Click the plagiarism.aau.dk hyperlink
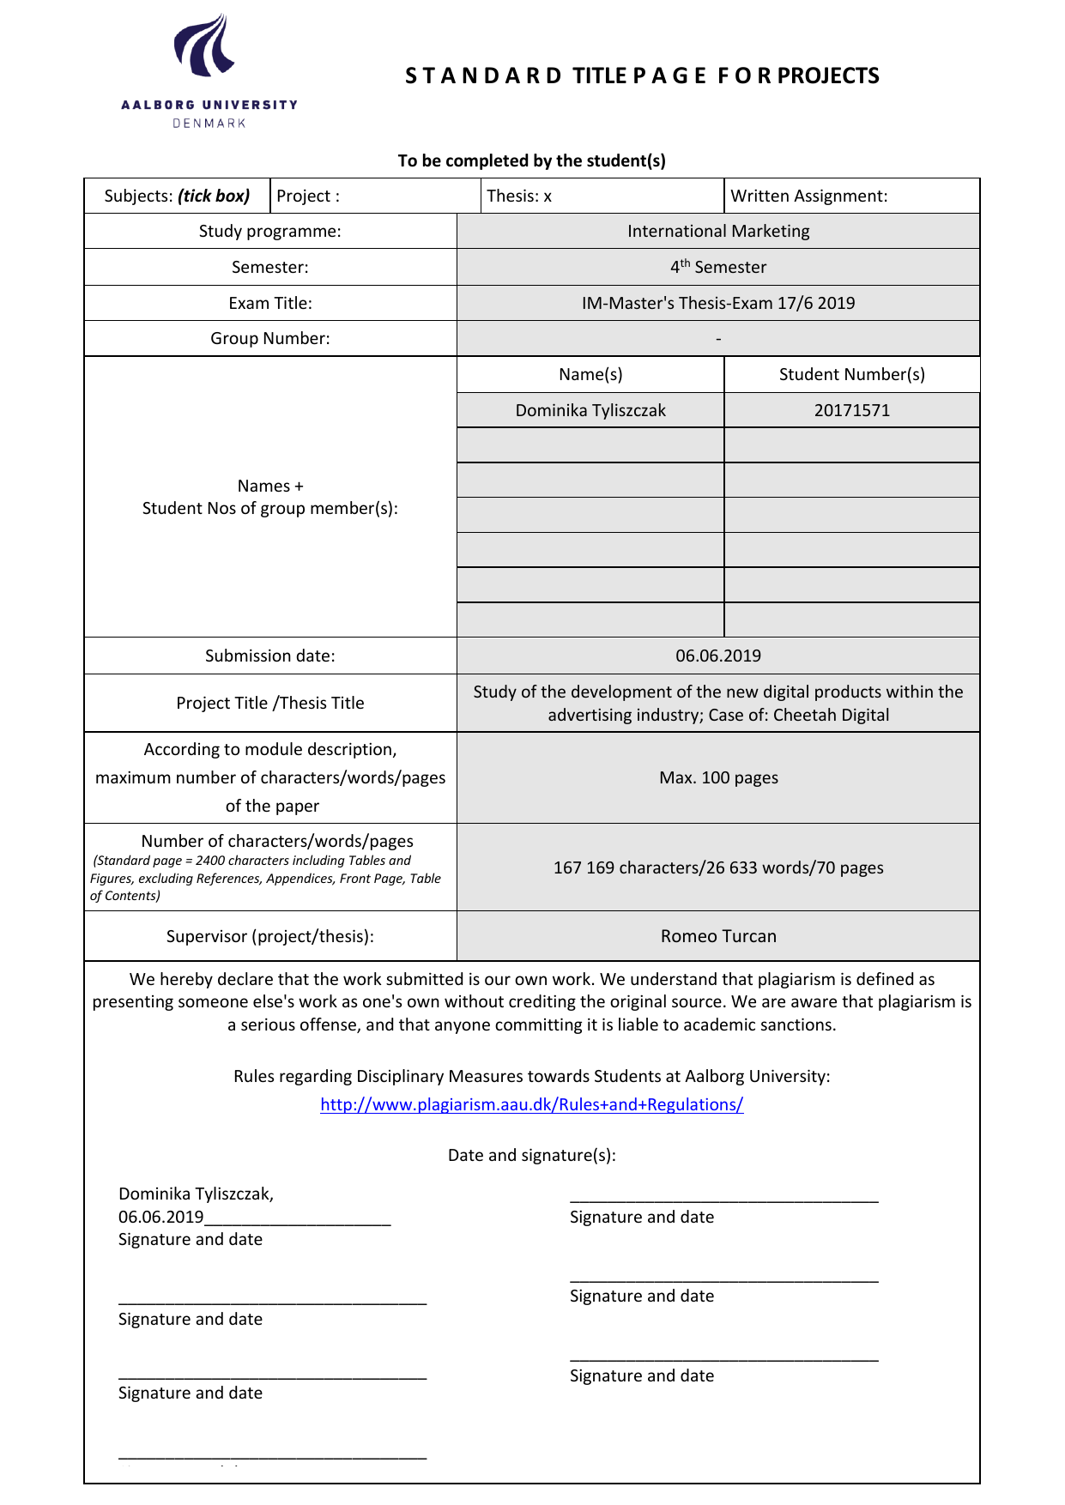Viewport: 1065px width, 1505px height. click(531, 1104)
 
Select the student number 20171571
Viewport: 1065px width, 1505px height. click(851, 410)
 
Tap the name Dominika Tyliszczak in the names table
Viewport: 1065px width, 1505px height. click(590, 410)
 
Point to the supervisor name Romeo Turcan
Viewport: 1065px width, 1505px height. click(718, 936)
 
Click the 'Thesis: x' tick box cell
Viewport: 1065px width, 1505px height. click(518, 196)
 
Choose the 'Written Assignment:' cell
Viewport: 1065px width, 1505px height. click(808, 196)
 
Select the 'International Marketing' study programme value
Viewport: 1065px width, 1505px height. click(718, 231)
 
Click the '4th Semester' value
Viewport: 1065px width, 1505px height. click(718, 267)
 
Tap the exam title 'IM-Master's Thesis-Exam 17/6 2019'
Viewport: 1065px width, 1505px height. click(718, 303)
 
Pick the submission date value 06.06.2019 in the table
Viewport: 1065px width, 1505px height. click(718, 656)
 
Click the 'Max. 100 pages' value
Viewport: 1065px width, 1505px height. click(718, 777)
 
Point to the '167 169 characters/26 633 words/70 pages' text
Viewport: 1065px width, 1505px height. click(718, 867)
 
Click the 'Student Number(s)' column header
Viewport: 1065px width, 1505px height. click(851, 374)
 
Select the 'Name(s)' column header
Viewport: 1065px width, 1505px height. click(590, 374)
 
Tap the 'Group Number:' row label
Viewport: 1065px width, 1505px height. click(270, 338)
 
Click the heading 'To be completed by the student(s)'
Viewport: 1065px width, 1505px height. click(531, 160)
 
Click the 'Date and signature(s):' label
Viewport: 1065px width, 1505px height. click(531, 1155)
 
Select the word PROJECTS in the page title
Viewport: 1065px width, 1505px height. click(828, 76)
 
